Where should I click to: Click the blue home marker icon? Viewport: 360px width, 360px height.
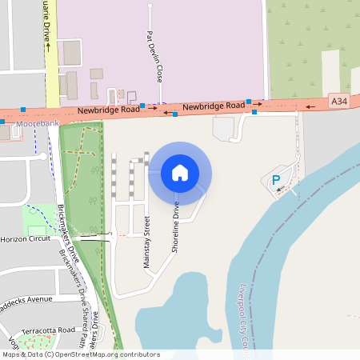pos(179,172)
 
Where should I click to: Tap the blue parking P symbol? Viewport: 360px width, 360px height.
pos(277,181)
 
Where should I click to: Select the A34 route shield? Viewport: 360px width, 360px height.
pos(339,101)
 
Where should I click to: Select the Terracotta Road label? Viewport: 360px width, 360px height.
pos(47,330)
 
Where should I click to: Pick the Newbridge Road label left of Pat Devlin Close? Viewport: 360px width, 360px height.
pos(103,112)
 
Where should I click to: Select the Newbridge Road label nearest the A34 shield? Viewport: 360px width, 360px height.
pos(213,106)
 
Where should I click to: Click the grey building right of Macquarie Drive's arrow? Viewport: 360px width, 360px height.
pos(72,53)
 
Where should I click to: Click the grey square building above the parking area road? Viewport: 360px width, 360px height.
pos(223,128)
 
